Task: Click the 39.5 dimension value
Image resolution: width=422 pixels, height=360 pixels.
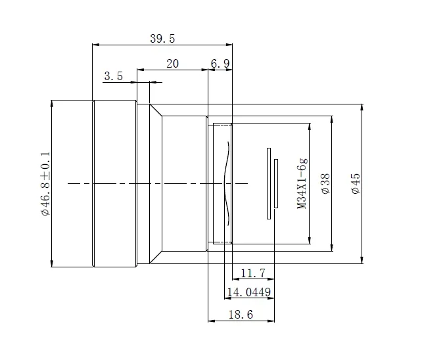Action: (x=162, y=39)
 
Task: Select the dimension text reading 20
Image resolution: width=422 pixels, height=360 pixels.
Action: (x=172, y=64)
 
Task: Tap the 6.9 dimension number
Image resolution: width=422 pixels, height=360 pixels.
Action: (x=220, y=64)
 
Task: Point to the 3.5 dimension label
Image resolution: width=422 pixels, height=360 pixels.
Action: (x=113, y=76)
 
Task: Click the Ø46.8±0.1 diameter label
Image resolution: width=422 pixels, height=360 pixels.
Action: (x=45, y=184)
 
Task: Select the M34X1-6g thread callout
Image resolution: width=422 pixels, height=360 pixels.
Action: (x=302, y=183)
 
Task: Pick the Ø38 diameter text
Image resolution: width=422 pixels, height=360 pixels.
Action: (x=325, y=184)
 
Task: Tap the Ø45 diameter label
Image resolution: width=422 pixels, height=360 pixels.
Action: (x=356, y=183)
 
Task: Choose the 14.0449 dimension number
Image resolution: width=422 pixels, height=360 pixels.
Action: (x=249, y=292)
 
